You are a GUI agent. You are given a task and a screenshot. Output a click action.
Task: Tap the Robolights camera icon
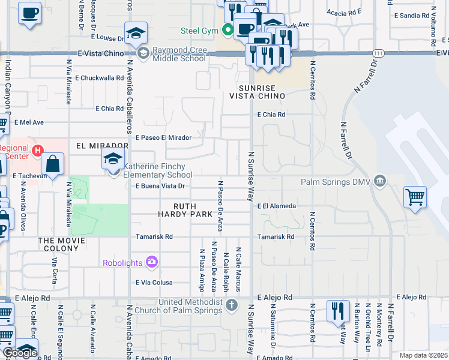151,262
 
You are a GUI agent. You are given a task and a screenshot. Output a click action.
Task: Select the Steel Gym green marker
228,30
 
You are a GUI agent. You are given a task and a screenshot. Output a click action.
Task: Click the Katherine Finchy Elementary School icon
113,160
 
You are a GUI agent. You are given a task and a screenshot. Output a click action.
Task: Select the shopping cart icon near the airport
415,197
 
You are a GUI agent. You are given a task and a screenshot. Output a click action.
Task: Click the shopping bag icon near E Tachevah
53,164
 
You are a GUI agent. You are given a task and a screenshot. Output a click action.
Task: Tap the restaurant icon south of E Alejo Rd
338,311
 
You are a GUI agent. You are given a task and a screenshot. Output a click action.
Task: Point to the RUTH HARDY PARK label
185,209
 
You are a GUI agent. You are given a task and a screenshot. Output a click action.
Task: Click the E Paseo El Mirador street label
163,137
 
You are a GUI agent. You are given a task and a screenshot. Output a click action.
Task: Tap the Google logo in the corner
19,352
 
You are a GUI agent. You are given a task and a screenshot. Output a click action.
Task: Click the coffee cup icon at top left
29,13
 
